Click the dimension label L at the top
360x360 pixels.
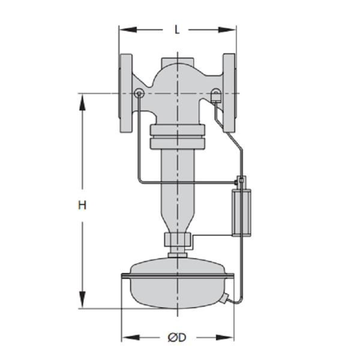click(177, 29)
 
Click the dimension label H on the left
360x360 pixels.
click(82, 205)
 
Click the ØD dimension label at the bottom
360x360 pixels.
click(177, 338)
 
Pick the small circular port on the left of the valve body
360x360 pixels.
click(139, 93)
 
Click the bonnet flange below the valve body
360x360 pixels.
click(178, 137)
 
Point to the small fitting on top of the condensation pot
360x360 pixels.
click(241, 181)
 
